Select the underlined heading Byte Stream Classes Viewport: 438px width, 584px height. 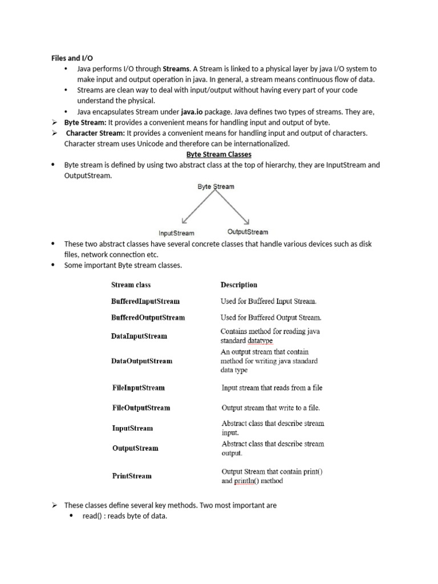tap(219, 155)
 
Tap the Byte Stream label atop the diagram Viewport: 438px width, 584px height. tap(216, 186)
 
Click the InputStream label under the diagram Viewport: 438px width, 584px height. tap(176, 233)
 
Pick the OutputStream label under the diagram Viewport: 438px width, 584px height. tap(248, 232)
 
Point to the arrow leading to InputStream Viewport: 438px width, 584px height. tap(197, 207)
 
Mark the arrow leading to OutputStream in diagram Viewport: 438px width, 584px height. tap(234, 207)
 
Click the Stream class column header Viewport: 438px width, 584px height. tap(131, 285)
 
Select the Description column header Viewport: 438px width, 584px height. tap(238, 285)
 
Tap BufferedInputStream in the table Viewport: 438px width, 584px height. tap(145, 301)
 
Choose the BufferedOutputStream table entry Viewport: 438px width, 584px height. tap(148, 317)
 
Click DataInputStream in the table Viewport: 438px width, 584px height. tap(139, 336)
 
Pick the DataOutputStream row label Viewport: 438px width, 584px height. tap(141, 361)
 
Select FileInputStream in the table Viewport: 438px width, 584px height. tap(139, 388)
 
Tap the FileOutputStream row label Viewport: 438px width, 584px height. tap(141, 408)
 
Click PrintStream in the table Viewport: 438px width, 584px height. tap(132, 476)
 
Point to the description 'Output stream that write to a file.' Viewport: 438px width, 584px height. tap(270, 408)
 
